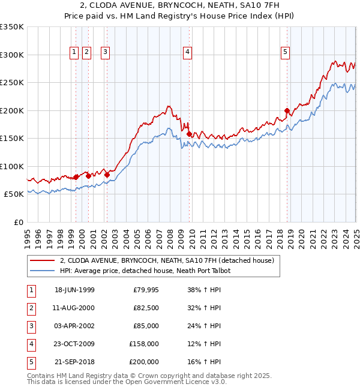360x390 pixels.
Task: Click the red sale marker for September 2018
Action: click(x=287, y=110)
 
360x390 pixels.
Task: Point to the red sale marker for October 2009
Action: click(x=189, y=134)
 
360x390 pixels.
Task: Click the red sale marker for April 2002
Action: click(x=107, y=175)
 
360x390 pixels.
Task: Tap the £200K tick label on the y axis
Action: click(x=11, y=110)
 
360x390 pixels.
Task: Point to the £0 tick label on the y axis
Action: click(x=17, y=222)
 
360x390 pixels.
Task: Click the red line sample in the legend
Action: click(x=42, y=260)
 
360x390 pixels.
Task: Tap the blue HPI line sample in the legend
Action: click(x=42, y=271)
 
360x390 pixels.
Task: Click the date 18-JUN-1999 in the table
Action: click(x=74, y=290)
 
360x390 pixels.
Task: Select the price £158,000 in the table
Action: click(x=144, y=344)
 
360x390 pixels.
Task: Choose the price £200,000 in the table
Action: click(x=144, y=362)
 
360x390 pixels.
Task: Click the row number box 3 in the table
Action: click(x=31, y=326)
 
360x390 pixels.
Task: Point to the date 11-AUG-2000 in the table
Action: click(x=74, y=308)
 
